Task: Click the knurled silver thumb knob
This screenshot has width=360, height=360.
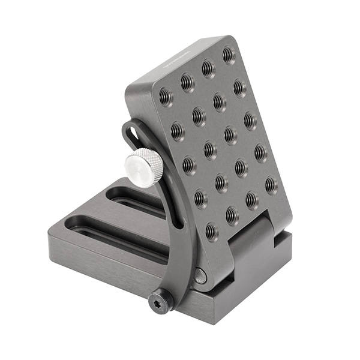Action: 144,167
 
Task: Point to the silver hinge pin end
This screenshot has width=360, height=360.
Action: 200,276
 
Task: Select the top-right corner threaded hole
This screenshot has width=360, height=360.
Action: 229,55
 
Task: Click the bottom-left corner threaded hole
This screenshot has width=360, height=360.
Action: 211,231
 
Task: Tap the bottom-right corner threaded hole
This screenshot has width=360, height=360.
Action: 271,185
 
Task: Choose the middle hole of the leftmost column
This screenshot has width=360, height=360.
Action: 188,164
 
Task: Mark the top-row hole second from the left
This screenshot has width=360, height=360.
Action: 187,82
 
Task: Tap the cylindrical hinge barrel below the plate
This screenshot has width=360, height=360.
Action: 252,240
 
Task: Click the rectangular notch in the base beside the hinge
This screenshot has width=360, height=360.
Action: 282,240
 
